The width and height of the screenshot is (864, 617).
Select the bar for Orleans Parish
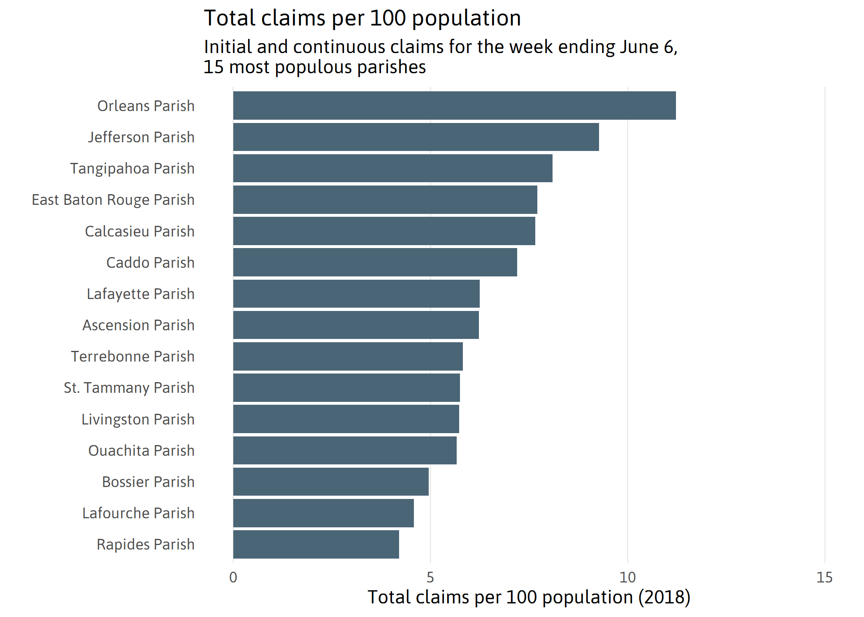point(454,106)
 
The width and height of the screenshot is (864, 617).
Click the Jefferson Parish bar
point(416,137)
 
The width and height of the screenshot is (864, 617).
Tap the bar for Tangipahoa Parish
point(393,168)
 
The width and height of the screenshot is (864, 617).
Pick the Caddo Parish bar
point(375,262)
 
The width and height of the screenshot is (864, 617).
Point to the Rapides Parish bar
point(316,544)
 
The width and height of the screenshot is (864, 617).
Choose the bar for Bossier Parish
point(331,482)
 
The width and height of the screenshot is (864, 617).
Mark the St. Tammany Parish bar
point(346,387)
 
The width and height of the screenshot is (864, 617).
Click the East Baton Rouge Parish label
point(113,200)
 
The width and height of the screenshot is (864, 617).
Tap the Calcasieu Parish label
point(139,231)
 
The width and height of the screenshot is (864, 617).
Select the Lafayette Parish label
point(140,294)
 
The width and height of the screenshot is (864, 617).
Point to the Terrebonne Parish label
point(132,356)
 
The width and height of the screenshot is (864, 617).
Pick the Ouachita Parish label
point(141,450)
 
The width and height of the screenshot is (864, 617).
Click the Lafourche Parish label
point(138,513)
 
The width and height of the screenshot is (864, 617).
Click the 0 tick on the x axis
point(233,578)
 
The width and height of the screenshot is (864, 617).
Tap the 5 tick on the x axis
point(430,578)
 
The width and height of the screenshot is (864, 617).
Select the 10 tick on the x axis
point(627,578)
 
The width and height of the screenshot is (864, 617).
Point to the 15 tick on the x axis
point(825,578)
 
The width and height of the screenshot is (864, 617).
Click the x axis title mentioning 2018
point(529,597)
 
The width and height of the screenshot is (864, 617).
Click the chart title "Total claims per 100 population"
point(362,18)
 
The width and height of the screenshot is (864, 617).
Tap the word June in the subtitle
point(639,47)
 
